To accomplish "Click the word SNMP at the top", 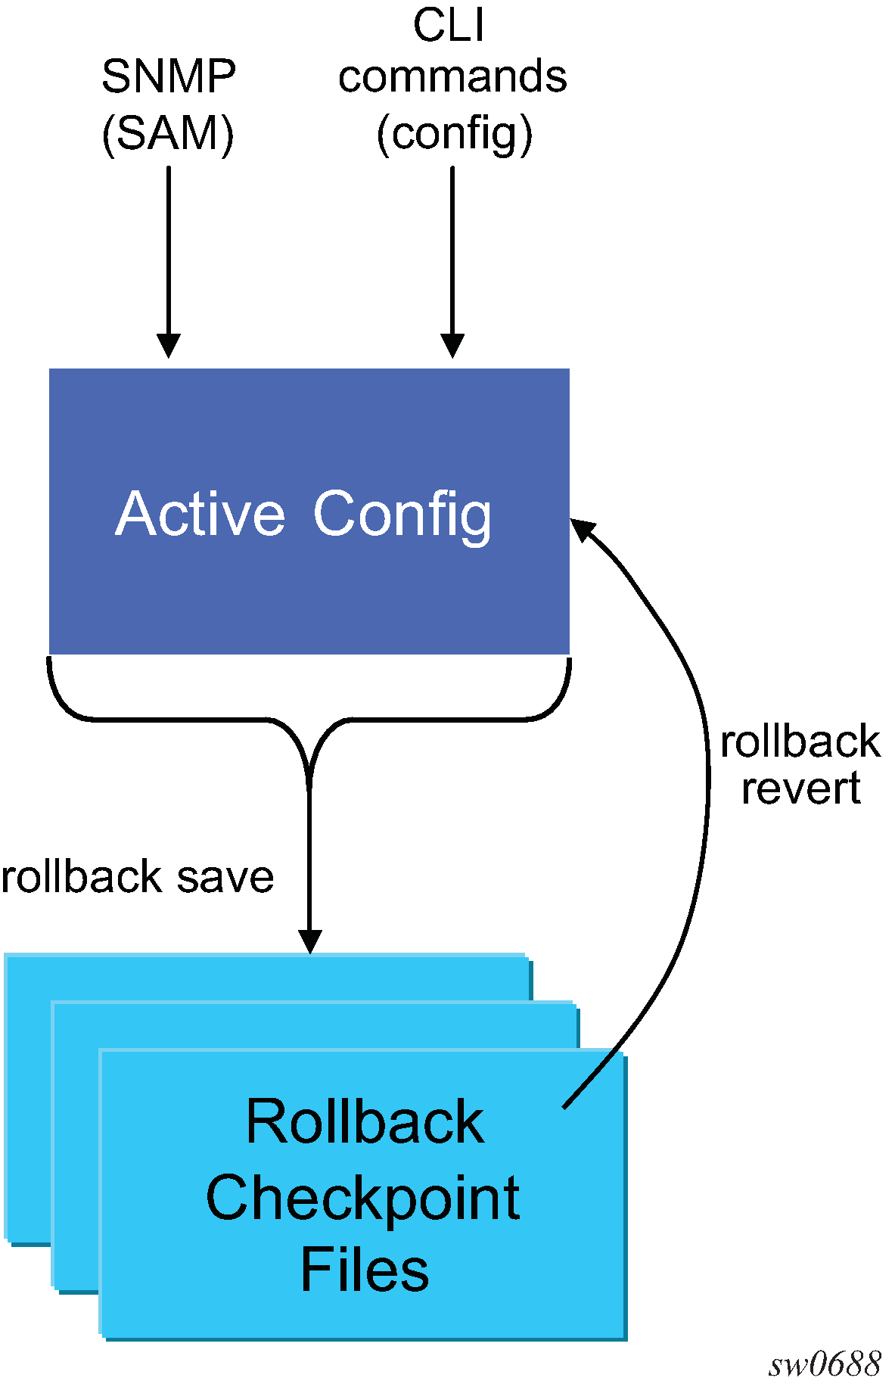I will tap(169, 76).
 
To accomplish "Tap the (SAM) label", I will tap(168, 134).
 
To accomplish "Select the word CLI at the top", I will tap(449, 25).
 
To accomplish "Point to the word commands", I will tap(452, 77).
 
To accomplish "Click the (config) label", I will tap(454, 135).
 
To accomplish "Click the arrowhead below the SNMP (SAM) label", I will tap(168, 346).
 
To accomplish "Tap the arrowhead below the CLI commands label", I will tap(452, 346).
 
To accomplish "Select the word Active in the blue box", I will tap(200, 514).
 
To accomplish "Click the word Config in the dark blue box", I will tap(402, 515).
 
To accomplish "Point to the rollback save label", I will tap(138, 878).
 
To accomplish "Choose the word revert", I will tap(800, 788).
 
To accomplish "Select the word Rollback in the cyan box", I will tap(365, 1121).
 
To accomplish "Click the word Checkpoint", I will tap(363, 1199).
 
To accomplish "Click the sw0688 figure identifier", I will tap(825, 1365).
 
